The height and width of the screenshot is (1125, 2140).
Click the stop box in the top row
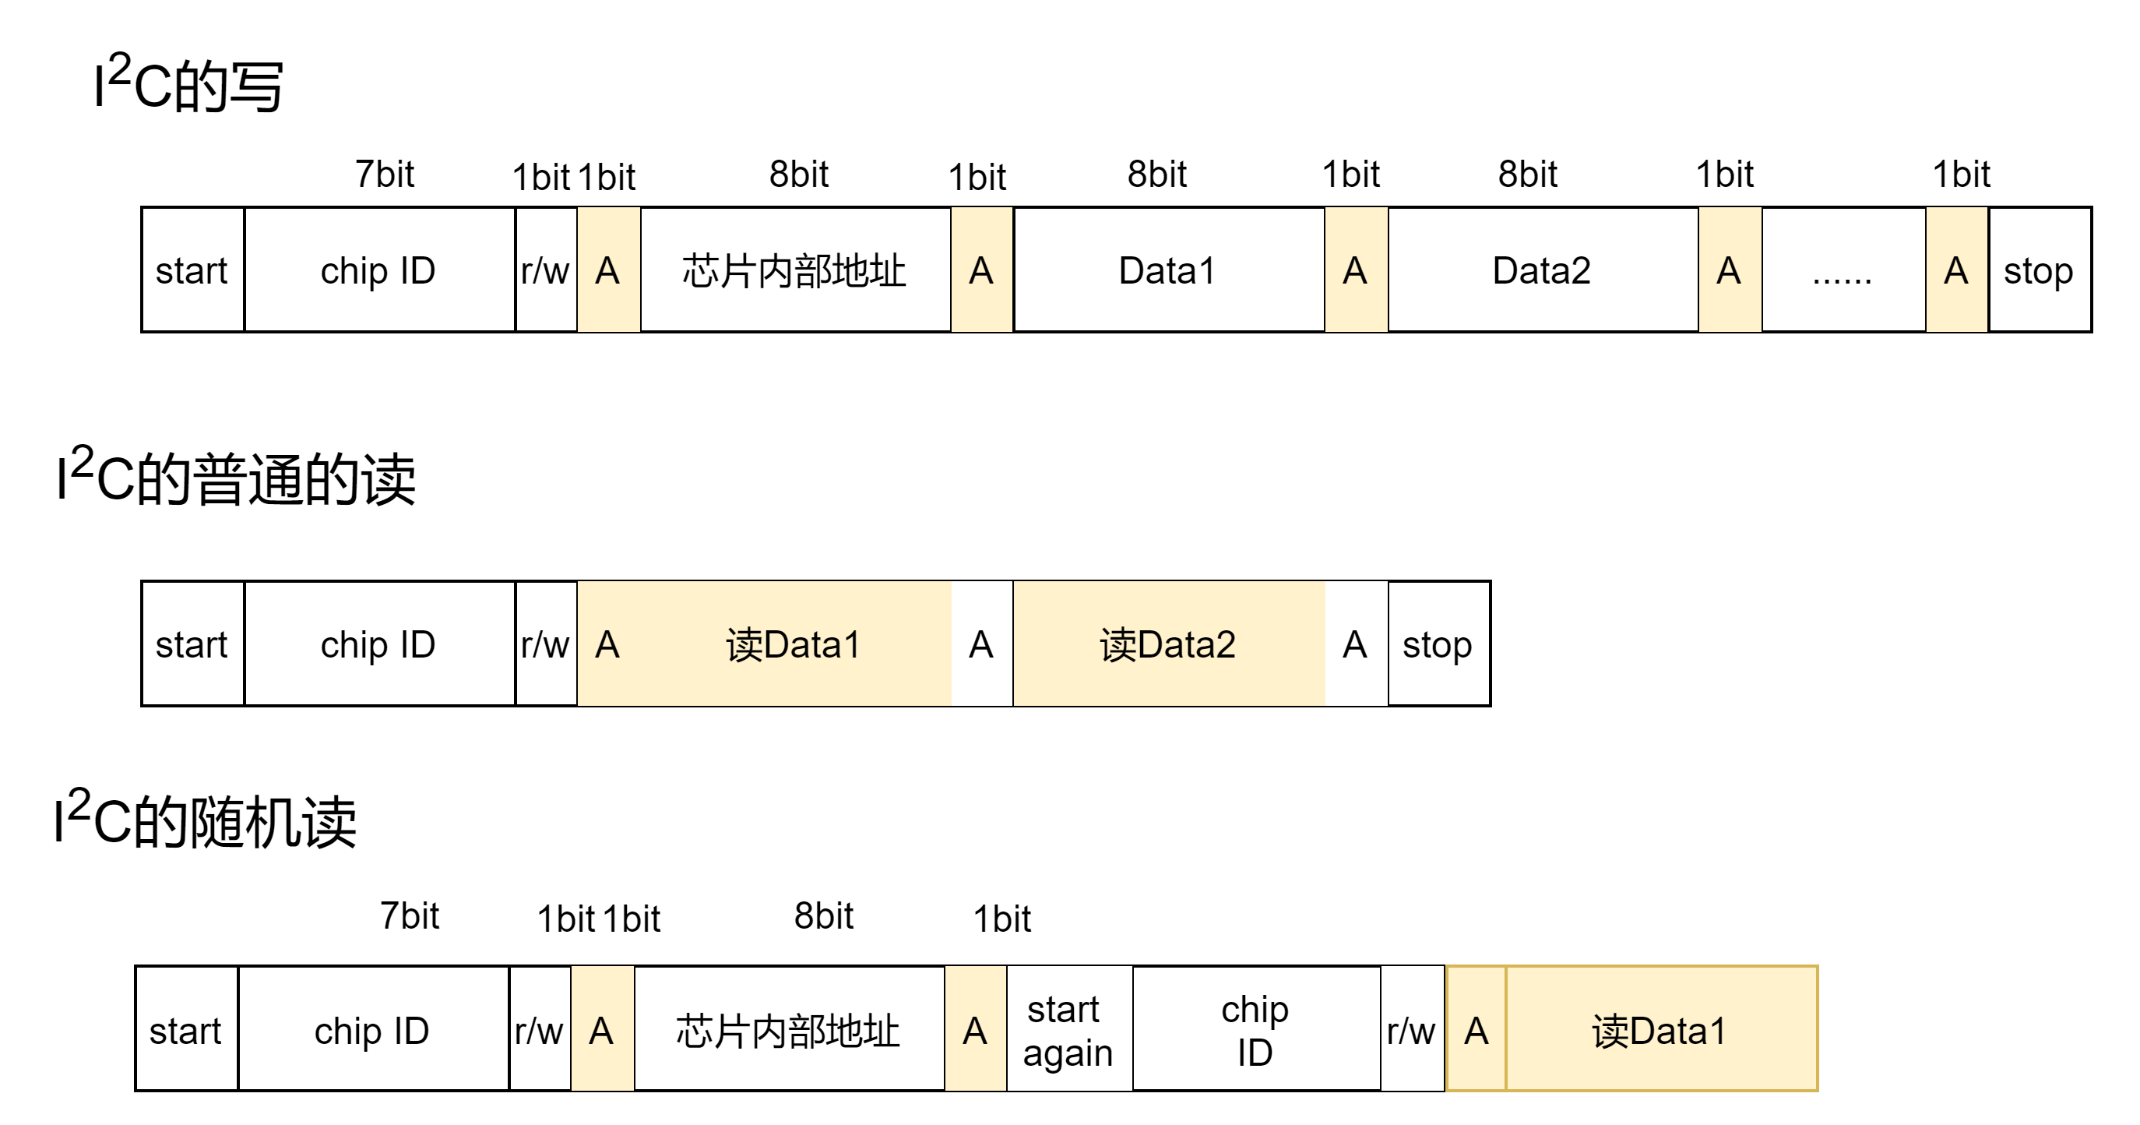point(2039,270)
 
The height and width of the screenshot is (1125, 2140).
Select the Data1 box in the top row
point(1168,270)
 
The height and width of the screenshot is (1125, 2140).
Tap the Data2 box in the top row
point(1542,270)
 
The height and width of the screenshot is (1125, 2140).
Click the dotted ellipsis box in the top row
point(1843,270)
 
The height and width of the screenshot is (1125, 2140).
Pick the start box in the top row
point(192,270)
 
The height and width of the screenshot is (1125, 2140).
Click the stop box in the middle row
point(1438,644)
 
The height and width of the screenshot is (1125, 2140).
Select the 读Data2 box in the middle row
point(1168,644)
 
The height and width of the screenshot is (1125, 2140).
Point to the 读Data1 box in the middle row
point(794,644)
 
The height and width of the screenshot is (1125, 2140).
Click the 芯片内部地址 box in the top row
point(794,270)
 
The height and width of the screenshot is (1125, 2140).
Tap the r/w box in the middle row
point(545,644)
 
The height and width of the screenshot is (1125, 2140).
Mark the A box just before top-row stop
point(1956,270)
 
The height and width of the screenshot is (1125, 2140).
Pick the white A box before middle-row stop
point(1356,644)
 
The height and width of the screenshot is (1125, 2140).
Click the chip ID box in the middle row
point(378,644)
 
